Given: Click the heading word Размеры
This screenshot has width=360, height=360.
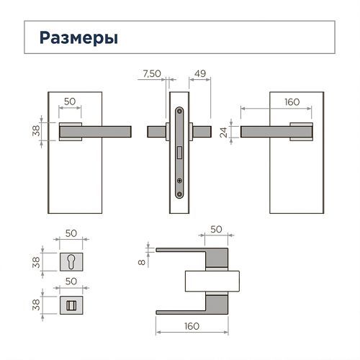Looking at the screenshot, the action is (78, 38).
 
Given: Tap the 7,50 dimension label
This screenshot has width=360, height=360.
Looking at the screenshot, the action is (152, 73).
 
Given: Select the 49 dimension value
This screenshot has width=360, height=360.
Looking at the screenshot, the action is (200, 73).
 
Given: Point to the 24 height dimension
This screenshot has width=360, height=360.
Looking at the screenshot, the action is (223, 132).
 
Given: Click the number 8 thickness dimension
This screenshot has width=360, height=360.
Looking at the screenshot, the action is (142, 262).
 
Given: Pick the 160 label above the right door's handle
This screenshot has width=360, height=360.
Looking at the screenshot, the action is (292, 102).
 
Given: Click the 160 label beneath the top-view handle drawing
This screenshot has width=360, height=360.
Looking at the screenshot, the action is (192, 326).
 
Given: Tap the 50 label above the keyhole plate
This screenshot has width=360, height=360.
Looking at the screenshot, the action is (71, 233).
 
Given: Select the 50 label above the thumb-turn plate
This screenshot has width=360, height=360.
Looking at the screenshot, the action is (71, 282).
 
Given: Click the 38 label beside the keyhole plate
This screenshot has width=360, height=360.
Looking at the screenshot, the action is (36, 262).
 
